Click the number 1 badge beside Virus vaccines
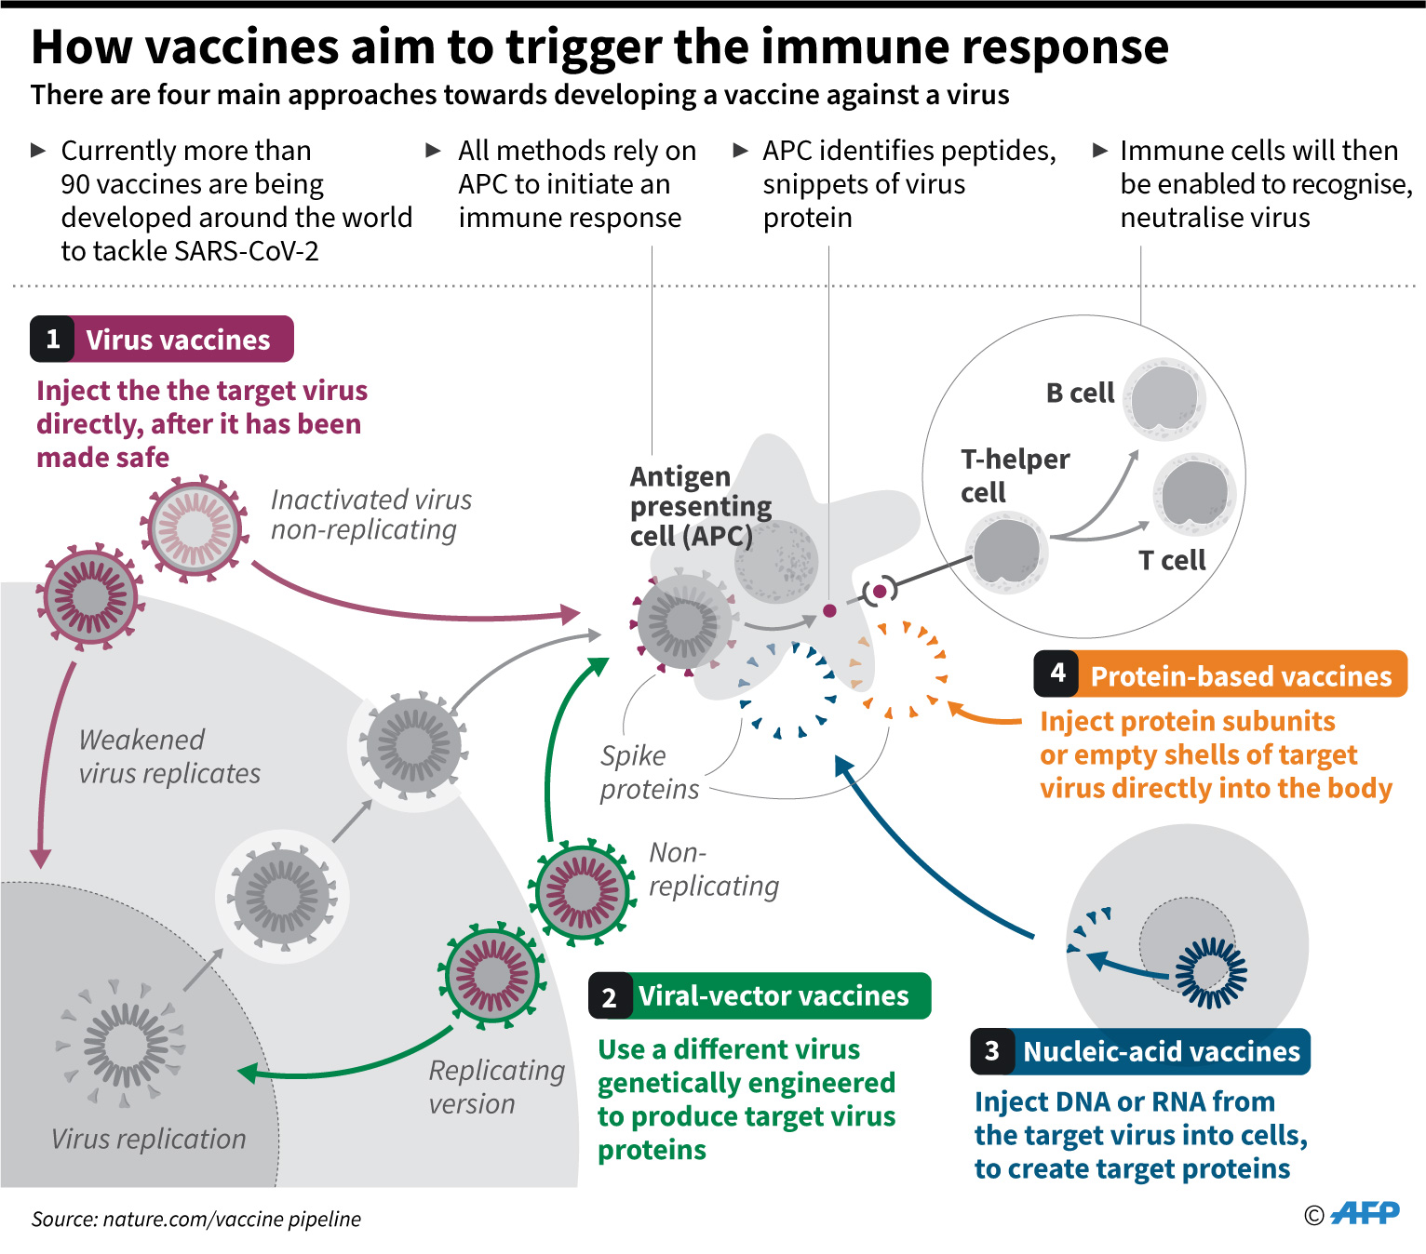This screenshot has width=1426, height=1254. click(53, 340)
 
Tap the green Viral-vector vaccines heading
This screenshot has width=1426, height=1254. click(773, 996)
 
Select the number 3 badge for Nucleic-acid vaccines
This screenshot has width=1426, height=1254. click(991, 1052)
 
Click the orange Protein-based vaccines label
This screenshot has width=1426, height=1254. click(1240, 676)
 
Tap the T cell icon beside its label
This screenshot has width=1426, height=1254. click(1194, 494)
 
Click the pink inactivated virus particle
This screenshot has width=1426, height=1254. click(195, 528)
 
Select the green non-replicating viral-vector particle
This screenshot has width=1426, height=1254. click(582, 891)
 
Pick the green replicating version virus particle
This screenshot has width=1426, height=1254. click(491, 975)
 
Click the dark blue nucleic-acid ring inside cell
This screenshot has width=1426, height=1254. click(1210, 973)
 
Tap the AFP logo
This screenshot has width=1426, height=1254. click(1365, 1213)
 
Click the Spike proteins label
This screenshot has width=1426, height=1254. click(649, 772)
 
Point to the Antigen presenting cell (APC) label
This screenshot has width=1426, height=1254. click(699, 506)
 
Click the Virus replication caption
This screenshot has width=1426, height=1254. click(148, 1139)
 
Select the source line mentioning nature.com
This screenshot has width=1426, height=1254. click(195, 1219)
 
